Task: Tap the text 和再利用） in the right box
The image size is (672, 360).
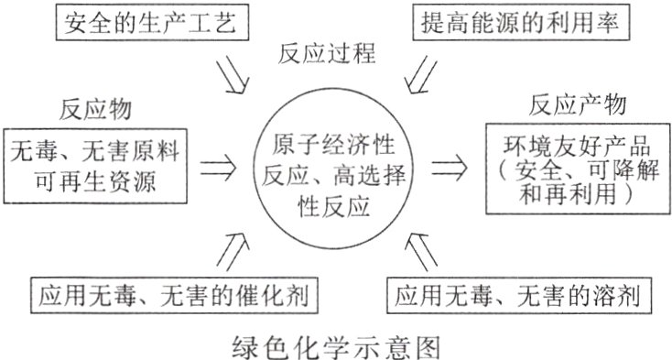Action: pyautogui.click(x=569, y=195)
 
